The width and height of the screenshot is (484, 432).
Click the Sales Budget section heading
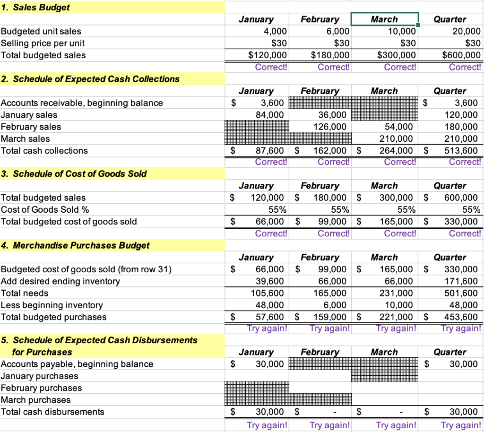(x=35, y=7)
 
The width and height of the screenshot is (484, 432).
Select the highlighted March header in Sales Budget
(x=384, y=19)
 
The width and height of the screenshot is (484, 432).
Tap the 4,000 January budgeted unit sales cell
(x=274, y=31)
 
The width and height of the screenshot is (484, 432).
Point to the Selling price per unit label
(x=43, y=43)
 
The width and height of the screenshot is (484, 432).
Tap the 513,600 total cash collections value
(x=462, y=151)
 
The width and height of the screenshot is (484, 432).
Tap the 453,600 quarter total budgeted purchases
(x=462, y=317)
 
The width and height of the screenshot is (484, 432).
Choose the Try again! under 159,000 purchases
(x=329, y=328)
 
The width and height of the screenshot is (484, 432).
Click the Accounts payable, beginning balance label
(x=77, y=364)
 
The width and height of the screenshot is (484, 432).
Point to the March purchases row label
(x=36, y=400)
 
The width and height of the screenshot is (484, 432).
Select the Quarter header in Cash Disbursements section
(x=450, y=352)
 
